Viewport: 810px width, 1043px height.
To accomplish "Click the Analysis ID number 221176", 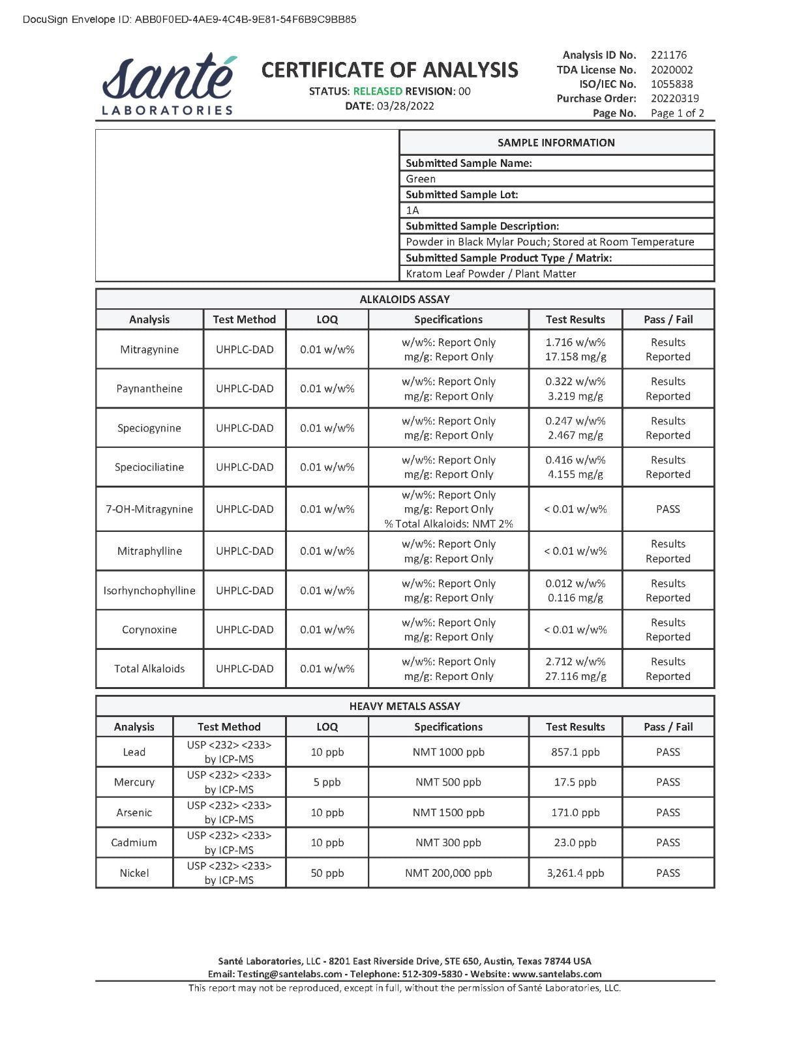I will point(668,55).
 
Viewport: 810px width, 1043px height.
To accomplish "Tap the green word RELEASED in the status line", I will point(378,91).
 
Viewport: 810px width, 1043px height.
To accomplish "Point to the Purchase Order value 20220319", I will point(674,98).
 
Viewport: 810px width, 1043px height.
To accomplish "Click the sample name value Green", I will point(421,179).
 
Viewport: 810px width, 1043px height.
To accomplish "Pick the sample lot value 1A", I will point(412,210).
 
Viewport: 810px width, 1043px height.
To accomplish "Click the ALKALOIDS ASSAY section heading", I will point(404,299).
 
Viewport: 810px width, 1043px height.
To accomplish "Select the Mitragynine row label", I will point(149,349).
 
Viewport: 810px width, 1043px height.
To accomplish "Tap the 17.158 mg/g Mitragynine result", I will point(575,357).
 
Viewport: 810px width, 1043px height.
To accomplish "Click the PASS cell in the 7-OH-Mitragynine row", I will point(668,509).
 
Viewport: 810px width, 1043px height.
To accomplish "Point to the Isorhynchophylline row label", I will point(149,591).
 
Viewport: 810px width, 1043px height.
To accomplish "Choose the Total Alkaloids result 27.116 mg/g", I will point(575,677).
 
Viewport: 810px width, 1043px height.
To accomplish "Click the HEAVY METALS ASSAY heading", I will point(404,706).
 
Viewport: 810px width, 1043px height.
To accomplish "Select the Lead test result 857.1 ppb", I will point(575,752).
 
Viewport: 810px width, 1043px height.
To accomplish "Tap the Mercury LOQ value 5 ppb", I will point(327,782).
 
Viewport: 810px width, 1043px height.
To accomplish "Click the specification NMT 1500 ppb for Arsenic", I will point(448,813).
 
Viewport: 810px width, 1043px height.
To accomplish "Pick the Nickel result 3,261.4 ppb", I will point(575,873).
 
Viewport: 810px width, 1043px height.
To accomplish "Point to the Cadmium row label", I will point(134,843).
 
